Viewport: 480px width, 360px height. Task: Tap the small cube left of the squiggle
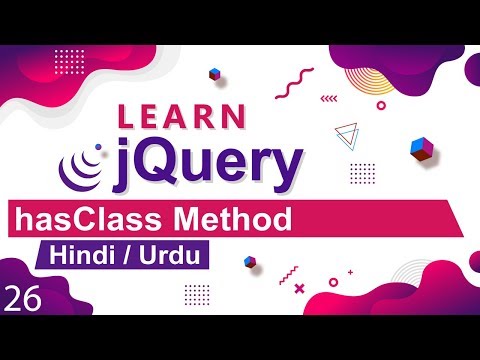213,74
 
